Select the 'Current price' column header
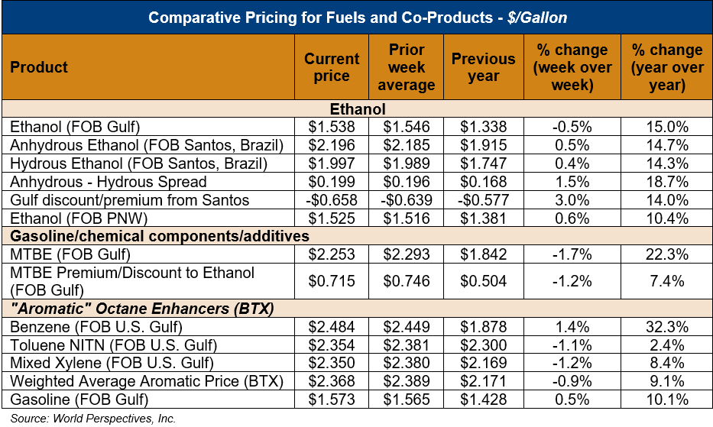point(332,67)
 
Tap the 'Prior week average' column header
point(406,67)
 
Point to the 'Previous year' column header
point(483,67)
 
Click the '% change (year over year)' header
point(666,67)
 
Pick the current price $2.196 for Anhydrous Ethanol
point(332,145)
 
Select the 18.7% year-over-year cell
point(666,182)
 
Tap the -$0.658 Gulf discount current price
point(332,200)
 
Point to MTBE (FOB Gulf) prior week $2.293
point(406,254)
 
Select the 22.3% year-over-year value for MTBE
point(666,254)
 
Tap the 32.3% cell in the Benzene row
point(666,327)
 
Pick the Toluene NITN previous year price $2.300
point(483,345)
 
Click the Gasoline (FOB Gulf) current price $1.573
point(332,400)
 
